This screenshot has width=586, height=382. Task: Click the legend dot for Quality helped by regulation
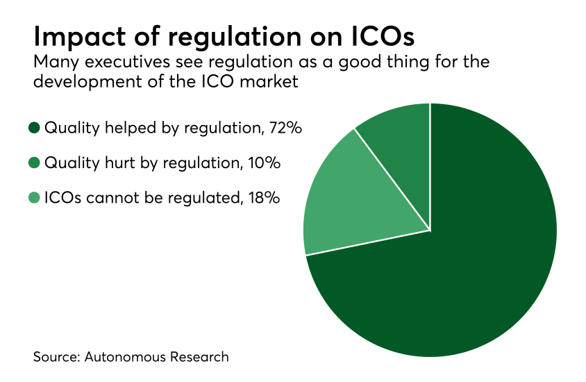click(x=34, y=128)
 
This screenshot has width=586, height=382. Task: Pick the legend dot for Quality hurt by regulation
click(x=34, y=163)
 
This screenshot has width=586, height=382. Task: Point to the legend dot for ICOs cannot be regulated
click(x=34, y=199)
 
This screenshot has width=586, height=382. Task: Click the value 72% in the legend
click(x=285, y=128)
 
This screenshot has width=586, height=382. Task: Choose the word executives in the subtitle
click(x=115, y=63)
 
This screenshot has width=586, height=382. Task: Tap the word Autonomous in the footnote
click(x=128, y=357)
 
